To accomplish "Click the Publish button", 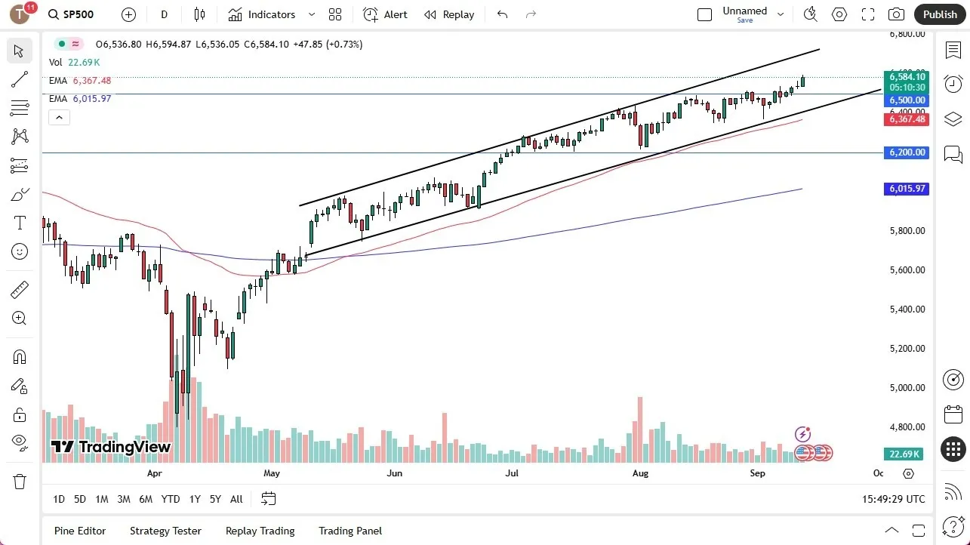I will (x=939, y=14).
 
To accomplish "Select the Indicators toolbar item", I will (x=262, y=14).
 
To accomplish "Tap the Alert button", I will (x=385, y=14).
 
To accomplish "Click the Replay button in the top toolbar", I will (x=449, y=14).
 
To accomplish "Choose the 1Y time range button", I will (x=195, y=499).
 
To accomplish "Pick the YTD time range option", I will (x=171, y=499).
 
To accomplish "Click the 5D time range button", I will (x=80, y=499).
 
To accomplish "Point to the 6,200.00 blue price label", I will (x=907, y=152).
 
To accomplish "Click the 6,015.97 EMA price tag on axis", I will (x=907, y=189).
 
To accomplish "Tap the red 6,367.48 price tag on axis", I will (x=907, y=119).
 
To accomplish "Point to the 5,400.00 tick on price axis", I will (x=907, y=309).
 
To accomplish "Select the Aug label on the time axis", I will (x=640, y=473).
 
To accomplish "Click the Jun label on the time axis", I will (x=394, y=473).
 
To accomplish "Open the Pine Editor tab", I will (x=80, y=531).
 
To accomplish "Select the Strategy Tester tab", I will (x=165, y=531).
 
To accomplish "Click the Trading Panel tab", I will (x=350, y=531).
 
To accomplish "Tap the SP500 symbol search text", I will (x=79, y=14).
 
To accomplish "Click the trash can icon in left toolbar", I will (x=20, y=482).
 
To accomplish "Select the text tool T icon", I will (x=20, y=223).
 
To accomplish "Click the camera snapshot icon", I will (x=896, y=14).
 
